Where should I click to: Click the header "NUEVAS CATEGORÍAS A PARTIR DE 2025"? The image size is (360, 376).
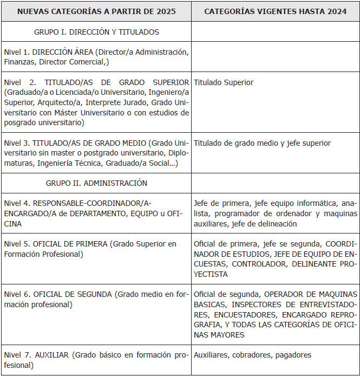pos(96,11)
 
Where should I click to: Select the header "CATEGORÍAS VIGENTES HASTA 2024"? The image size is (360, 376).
pos(276,11)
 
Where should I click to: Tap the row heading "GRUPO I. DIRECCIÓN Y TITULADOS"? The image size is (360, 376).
pos(96,32)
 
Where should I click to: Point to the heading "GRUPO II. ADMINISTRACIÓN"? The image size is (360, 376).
pos(96,183)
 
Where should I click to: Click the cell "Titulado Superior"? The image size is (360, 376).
pos(224,82)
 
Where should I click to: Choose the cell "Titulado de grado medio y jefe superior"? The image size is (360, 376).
pos(262,143)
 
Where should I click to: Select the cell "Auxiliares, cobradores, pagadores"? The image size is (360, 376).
pos(252,355)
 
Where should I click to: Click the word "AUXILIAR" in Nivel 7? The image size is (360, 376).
pos(53,355)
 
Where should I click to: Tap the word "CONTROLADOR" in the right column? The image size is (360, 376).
pos(260,264)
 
